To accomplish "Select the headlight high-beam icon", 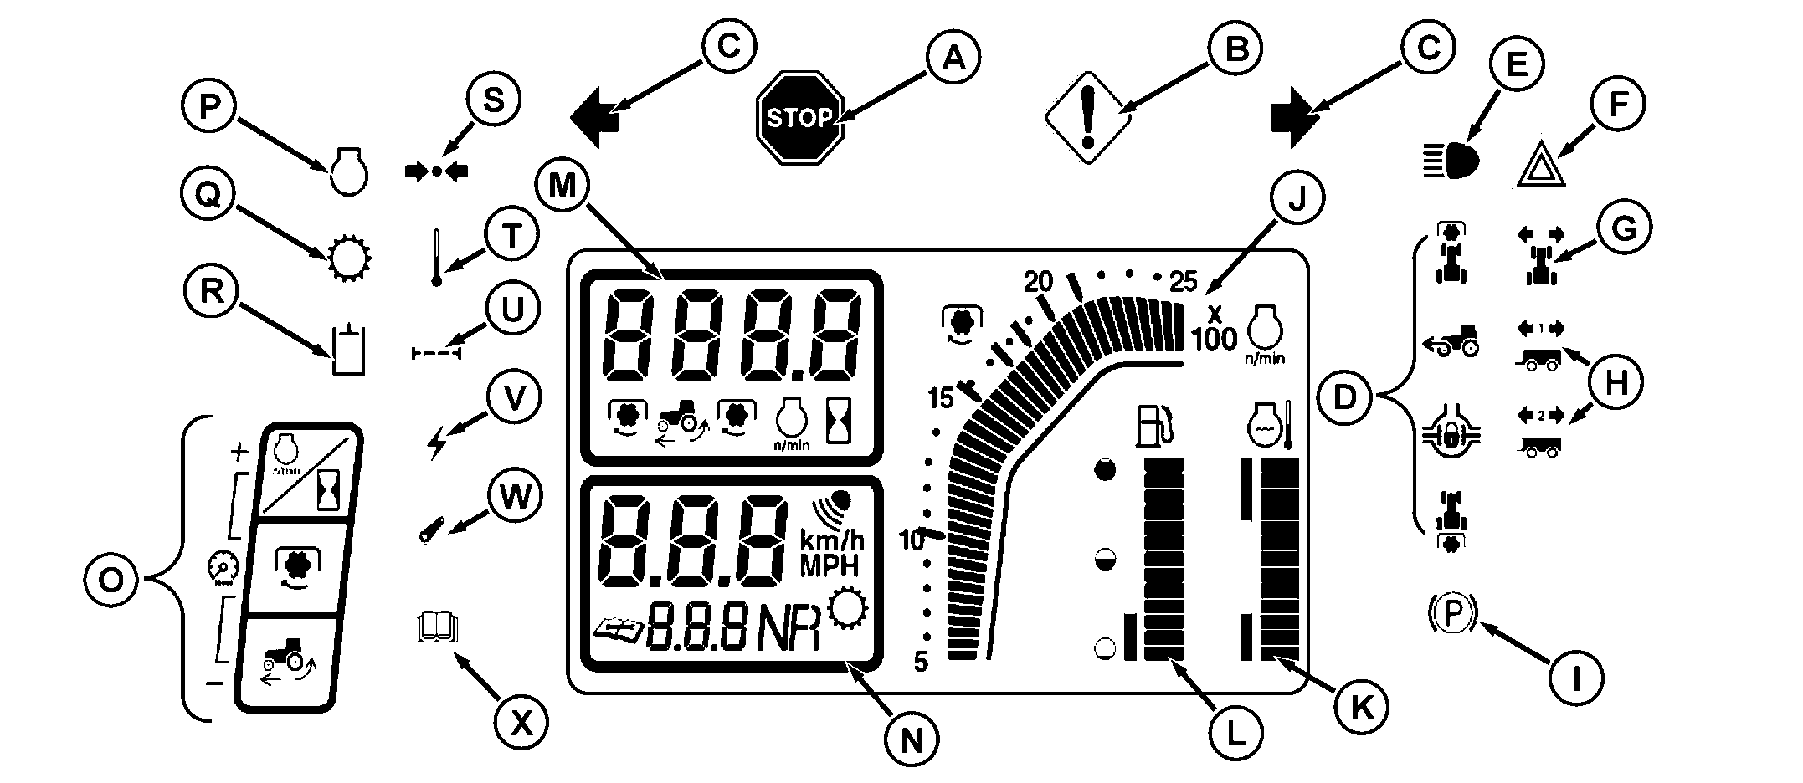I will click(x=1451, y=160).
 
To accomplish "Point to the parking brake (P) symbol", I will click(x=1453, y=614).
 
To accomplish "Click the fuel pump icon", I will click(x=1153, y=425).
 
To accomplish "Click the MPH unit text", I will click(x=830, y=566).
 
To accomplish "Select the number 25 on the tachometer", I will click(x=1183, y=282).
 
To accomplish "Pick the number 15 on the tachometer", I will click(x=942, y=398).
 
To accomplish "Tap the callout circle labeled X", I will click(x=521, y=723).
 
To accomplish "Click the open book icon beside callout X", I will click(x=437, y=627).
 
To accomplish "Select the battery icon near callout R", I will click(x=347, y=351).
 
